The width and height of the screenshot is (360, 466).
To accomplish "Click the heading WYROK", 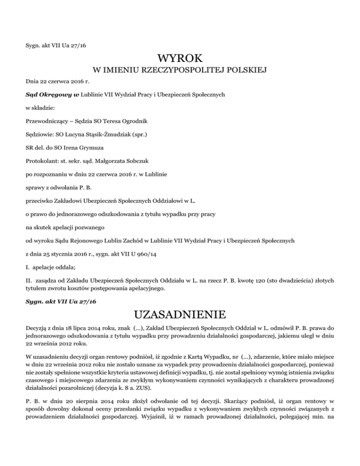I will click(180, 59).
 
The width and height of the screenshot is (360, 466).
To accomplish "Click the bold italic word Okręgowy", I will click(54, 94).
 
